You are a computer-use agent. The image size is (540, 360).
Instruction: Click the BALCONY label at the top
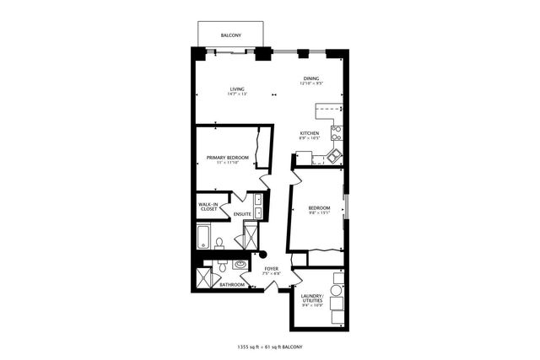click(x=231, y=35)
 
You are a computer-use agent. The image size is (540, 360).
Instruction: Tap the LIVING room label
click(x=237, y=89)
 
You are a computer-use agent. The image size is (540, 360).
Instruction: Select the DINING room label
click(x=312, y=79)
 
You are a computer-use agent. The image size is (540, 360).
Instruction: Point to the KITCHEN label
click(x=309, y=134)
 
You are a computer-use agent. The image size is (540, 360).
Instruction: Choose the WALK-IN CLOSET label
click(x=209, y=206)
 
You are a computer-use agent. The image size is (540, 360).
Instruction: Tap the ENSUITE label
click(x=242, y=214)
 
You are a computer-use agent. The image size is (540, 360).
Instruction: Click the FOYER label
click(x=271, y=269)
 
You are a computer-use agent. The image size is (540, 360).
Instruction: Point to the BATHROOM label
click(x=232, y=285)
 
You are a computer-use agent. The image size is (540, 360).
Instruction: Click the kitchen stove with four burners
click(x=336, y=132)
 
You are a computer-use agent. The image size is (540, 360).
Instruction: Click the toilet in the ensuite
click(x=219, y=244)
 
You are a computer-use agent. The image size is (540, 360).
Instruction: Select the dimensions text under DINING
click(x=312, y=84)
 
